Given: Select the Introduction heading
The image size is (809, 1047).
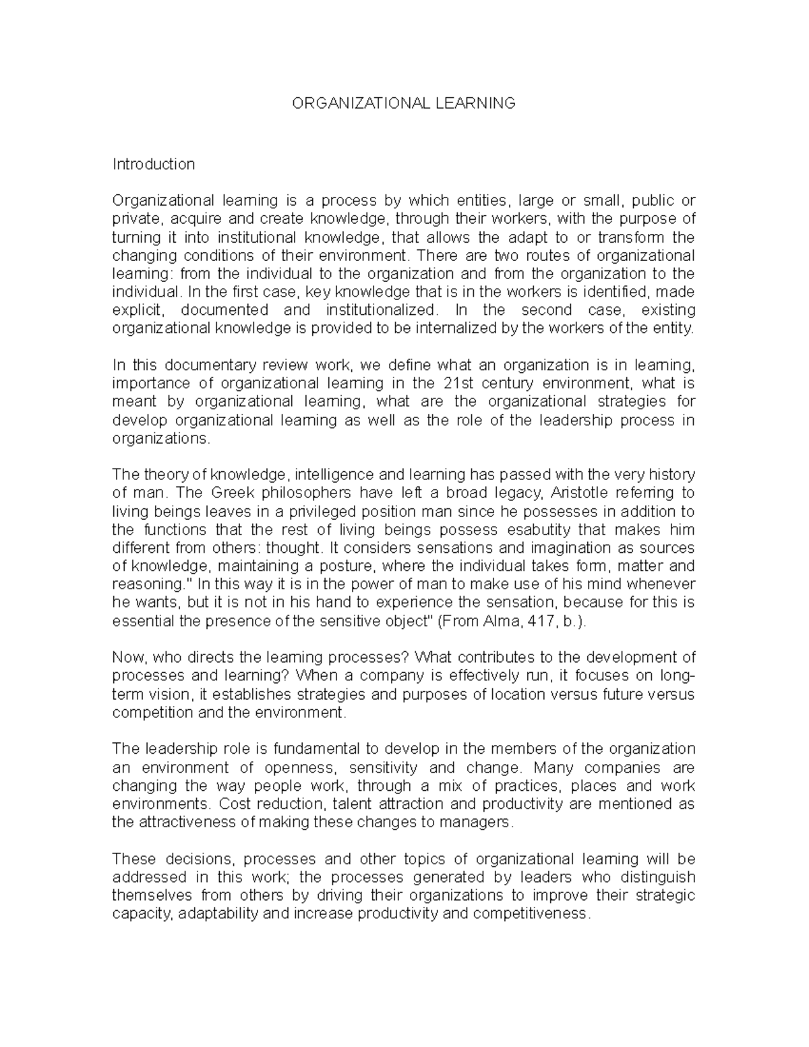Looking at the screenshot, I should click(x=154, y=164).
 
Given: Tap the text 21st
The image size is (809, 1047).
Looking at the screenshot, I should click(x=459, y=384).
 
